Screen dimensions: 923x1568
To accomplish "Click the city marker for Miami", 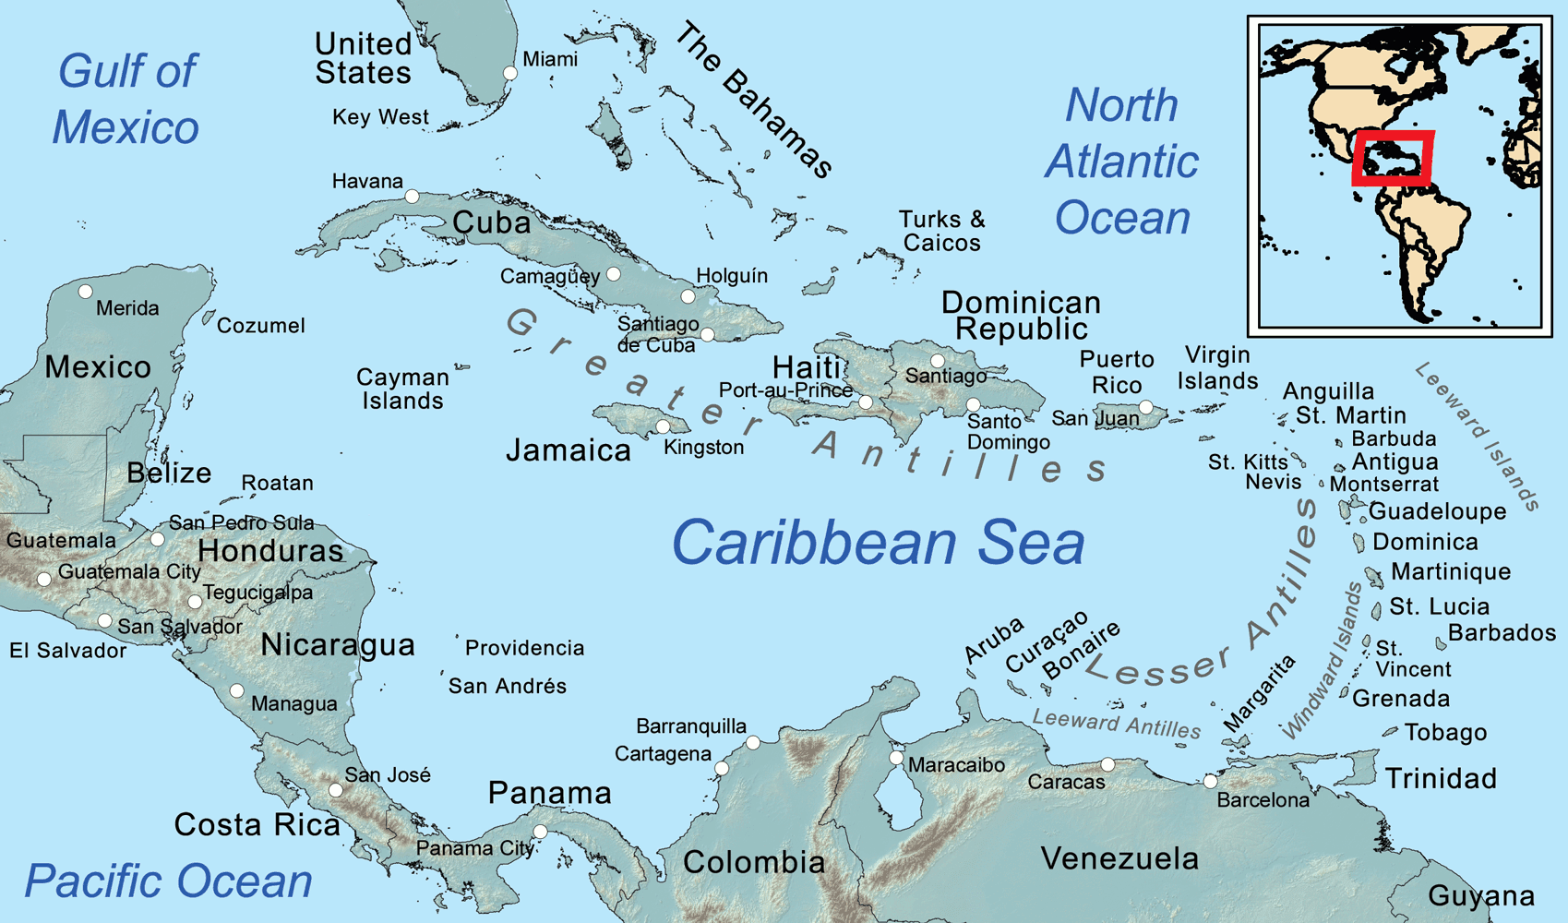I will pos(509,73).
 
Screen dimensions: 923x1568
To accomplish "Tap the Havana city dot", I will pos(413,197).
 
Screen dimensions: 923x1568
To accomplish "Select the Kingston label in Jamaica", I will pos(703,448).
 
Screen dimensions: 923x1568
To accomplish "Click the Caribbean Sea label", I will pos(878,543).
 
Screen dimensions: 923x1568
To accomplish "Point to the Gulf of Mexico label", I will pos(126,99).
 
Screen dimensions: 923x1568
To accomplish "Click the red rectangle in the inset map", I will pos(1393,159).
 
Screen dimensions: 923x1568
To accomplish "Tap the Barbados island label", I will pos(1502,633).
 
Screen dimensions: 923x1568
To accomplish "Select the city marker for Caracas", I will pos(1107,765).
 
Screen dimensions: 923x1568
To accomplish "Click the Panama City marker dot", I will pos(541,833).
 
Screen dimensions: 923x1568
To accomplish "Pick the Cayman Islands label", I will pos(402,389).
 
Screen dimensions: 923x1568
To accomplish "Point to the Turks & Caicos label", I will pos(941,231).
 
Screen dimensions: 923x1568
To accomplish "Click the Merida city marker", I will pos(86,292).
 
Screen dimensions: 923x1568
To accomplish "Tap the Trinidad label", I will pos(1441,779).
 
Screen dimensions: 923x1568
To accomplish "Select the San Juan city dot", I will pos(1145,407).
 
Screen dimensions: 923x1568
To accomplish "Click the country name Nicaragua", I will pos(338,644).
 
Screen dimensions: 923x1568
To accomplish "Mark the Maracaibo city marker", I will pos(896,758).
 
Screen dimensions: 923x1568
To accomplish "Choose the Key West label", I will pos(380,117).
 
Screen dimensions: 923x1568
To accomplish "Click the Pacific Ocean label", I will pos(168,881).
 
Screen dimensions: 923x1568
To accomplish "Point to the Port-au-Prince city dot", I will pos(865,402).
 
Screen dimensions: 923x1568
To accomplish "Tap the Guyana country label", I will pos(1481,895).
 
